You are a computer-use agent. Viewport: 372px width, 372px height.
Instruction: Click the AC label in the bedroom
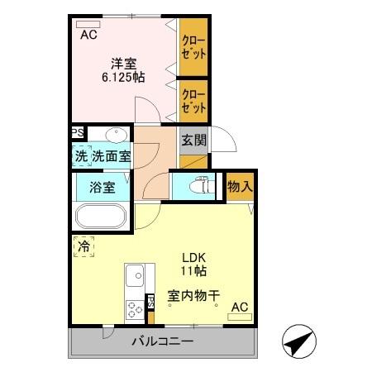(88, 34)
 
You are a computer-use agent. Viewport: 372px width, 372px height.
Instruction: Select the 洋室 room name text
(125, 61)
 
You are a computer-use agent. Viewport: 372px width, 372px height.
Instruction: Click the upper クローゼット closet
(193, 45)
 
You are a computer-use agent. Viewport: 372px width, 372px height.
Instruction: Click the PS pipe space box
(77, 133)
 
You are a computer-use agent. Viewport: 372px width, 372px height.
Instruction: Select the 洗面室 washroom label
(111, 155)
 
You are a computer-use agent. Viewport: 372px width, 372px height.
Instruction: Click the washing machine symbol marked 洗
(82, 155)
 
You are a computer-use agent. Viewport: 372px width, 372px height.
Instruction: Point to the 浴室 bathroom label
(103, 188)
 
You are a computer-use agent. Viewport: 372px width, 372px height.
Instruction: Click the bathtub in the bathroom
(100, 217)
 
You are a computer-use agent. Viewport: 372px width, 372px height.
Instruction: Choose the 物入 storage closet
(240, 188)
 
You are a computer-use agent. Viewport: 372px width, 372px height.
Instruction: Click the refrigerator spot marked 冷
(83, 246)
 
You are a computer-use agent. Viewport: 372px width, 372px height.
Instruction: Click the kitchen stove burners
(134, 310)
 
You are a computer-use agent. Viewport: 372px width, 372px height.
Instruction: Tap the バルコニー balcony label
(162, 341)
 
